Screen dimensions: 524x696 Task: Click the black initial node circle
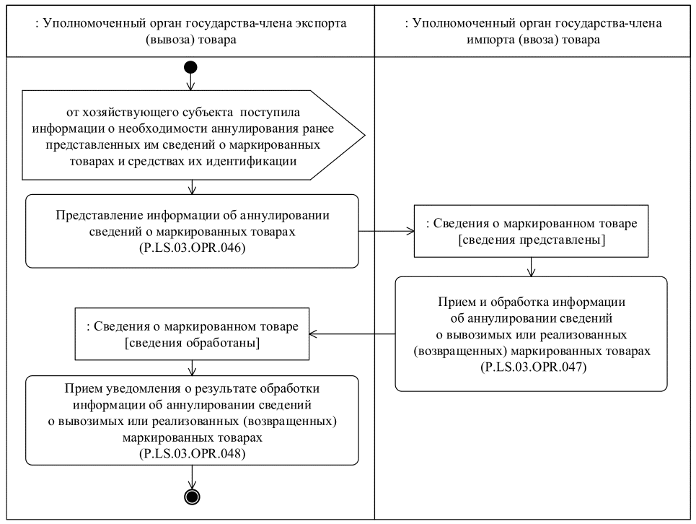[x=192, y=69]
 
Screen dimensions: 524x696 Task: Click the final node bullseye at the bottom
[x=192, y=496]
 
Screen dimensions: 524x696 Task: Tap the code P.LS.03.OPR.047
[x=532, y=367]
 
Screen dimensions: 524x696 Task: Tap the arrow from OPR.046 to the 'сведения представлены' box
[x=386, y=232]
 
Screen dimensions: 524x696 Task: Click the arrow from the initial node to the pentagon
[x=192, y=82]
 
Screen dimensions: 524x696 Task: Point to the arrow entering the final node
[x=192, y=476]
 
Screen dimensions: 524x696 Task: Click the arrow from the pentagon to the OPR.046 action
[x=192, y=186]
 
